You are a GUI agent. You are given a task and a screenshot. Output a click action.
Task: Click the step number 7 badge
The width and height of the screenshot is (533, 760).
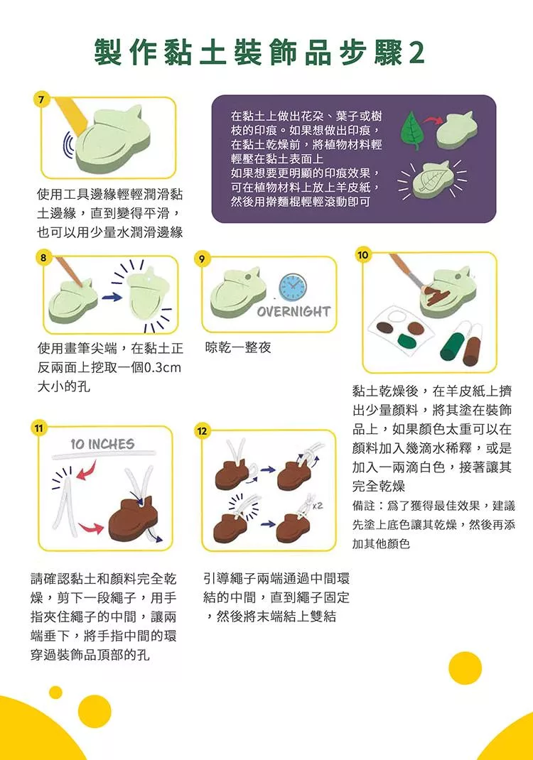(41, 100)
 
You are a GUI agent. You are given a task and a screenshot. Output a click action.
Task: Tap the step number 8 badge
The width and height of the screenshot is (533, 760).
(43, 257)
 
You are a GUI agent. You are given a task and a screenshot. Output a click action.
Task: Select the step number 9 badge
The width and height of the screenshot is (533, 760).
(202, 259)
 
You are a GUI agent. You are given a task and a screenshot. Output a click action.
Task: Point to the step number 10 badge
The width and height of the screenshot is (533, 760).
(363, 255)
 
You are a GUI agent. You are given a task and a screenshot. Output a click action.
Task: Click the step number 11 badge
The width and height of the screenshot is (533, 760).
(38, 428)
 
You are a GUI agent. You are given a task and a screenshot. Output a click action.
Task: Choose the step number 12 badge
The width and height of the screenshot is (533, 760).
(202, 431)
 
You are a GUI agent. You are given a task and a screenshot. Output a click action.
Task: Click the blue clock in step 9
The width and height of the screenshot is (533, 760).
(293, 286)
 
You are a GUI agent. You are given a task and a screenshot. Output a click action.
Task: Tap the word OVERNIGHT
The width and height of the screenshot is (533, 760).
(294, 311)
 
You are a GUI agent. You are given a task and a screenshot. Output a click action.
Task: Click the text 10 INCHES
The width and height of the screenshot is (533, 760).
(102, 444)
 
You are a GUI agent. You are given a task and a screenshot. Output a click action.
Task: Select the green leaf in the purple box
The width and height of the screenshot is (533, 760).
(411, 130)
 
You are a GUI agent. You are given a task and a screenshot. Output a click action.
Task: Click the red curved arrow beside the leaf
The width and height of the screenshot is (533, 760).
(431, 121)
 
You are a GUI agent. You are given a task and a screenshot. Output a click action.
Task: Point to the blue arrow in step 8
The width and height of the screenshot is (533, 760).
(112, 296)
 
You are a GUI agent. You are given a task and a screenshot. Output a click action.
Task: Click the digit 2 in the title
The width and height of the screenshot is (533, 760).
(416, 52)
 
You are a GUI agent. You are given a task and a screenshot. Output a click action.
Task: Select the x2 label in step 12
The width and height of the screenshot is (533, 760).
(318, 506)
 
